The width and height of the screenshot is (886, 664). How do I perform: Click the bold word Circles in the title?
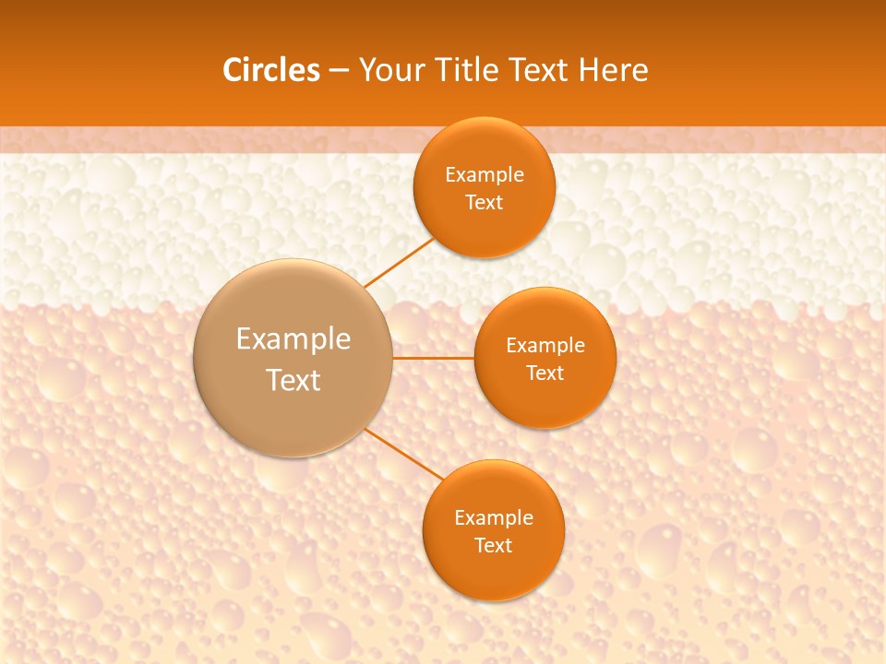click(x=270, y=70)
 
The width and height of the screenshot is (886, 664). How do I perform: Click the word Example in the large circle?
click(x=293, y=339)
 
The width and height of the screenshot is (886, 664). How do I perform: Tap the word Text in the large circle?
click(x=293, y=380)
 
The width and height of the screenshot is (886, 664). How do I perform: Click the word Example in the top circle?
click(x=484, y=175)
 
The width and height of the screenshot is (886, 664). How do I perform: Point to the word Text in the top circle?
click(x=484, y=203)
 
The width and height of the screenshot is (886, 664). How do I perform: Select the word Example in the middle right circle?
click(x=545, y=346)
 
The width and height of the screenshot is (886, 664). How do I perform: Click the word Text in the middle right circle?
click(x=545, y=373)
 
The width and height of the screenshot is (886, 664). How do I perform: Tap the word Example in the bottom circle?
click(x=493, y=518)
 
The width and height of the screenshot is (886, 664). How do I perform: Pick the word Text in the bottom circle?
click(x=493, y=546)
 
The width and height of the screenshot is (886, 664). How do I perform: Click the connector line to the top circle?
click(x=399, y=263)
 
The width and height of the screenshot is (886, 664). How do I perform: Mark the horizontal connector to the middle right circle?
click(x=433, y=358)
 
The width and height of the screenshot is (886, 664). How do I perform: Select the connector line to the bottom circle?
click(x=404, y=454)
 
